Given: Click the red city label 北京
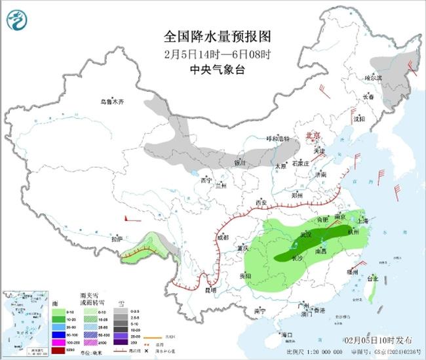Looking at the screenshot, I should [311, 136].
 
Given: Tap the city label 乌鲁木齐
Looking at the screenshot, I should [111, 102].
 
